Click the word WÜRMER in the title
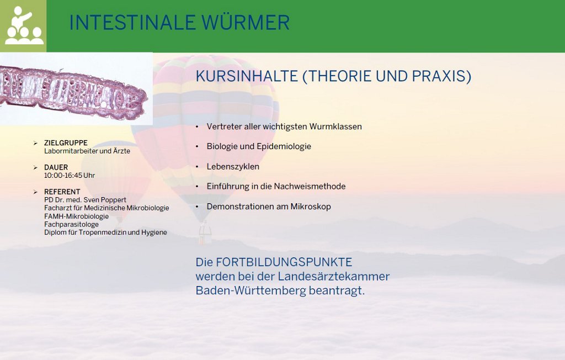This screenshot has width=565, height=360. tap(246, 23)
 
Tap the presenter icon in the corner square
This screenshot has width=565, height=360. tap(23, 25)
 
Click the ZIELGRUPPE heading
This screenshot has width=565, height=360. tap(66, 143)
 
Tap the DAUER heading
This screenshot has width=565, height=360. tap(56, 167)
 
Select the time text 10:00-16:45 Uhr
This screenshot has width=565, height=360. tap(70, 176)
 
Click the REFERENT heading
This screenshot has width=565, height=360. tap(62, 192)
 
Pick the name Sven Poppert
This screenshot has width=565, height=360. tap(105, 200)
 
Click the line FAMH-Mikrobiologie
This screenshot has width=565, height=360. tap(76, 216)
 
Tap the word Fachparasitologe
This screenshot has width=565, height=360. tap(71, 224)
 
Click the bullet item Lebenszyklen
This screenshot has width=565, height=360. tap(233, 167)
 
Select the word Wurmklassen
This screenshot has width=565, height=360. tap(335, 126)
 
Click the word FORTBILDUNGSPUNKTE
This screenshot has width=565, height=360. tap(284, 262)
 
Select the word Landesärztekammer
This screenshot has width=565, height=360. tap(334, 277)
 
